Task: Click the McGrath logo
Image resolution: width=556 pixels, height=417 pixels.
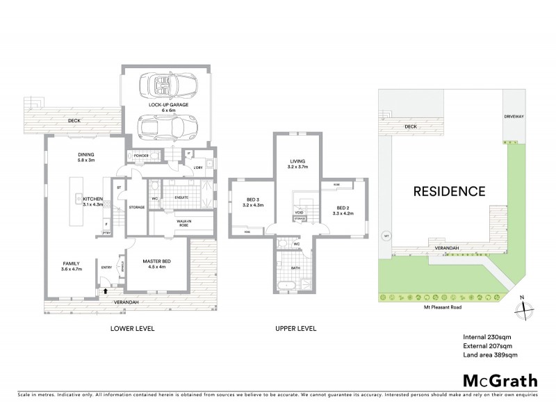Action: [500, 380]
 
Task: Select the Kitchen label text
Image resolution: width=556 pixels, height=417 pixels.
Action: [92, 202]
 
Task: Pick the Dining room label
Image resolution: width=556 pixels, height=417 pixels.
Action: [86, 158]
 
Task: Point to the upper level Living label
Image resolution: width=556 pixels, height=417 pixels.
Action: [297, 164]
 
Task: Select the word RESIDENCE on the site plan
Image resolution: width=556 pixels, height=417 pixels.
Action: [449, 190]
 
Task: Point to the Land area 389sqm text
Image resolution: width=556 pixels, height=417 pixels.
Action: [490, 355]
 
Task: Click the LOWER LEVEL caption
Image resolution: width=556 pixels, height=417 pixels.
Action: [131, 328]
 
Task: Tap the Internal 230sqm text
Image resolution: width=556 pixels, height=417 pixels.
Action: [486, 337]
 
